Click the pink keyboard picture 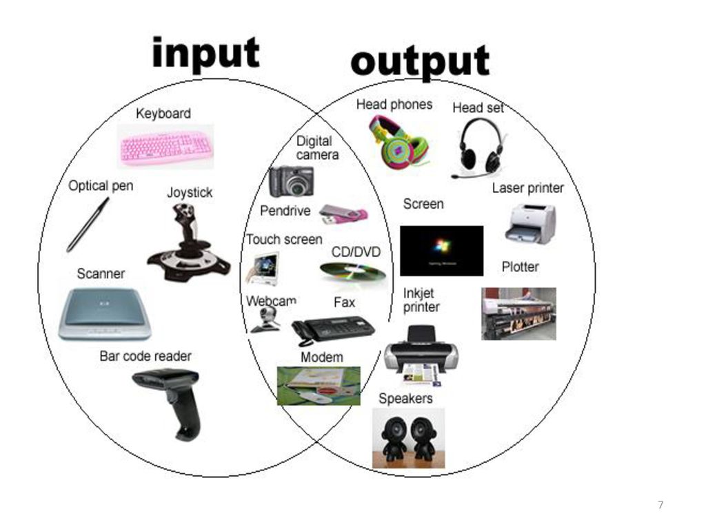[x=165, y=146]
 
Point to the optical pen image [x=88, y=225]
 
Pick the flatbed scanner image [x=104, y=313]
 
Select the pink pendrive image [x=343, y=214]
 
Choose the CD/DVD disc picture [x=352, y=273]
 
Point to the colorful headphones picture [x=399, y=140]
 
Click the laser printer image [x=530, y=224]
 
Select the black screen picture [x=441, y=250]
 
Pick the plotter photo [x=518, y=313]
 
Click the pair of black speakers [x=409, y=437]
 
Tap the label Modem [x=321, y=357]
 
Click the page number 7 [x=660, y=506]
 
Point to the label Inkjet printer [x=421, y=300]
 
